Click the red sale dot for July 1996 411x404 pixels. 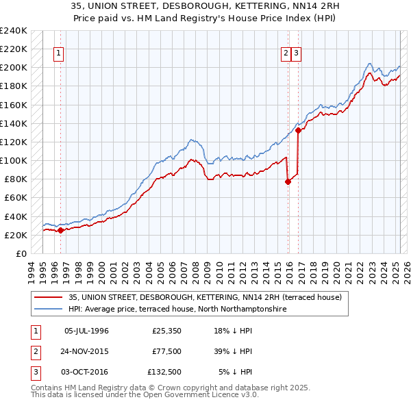60,230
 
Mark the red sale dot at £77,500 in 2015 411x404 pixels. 288,181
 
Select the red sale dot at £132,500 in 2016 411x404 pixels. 299,130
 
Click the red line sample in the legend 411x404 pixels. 49,298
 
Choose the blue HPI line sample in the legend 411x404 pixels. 49,309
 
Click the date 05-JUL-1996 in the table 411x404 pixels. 86,331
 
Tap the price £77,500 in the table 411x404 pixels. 167,351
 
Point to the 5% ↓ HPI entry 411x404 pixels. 235,372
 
